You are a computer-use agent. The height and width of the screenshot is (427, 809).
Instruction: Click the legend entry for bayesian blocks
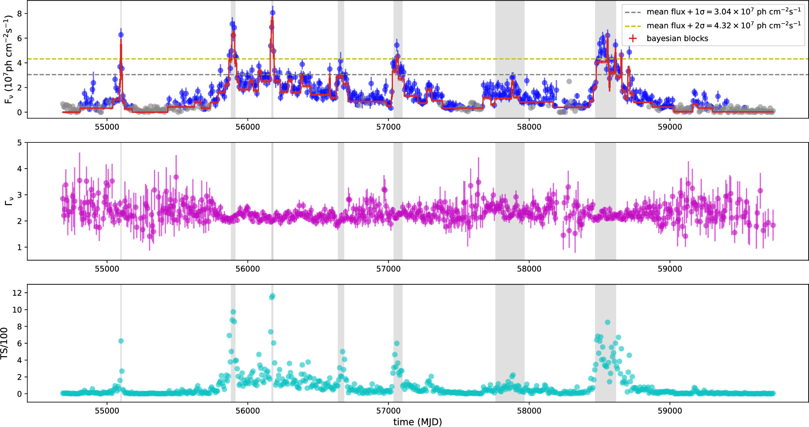coord(677,38)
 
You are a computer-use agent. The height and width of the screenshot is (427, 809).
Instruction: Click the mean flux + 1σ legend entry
coord(723,12)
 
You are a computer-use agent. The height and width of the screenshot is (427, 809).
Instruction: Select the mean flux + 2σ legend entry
coord(723,25)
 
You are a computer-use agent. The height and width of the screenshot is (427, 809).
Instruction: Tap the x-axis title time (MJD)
coord(417,422)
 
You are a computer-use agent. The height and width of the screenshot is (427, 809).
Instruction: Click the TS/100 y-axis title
coord(4,343)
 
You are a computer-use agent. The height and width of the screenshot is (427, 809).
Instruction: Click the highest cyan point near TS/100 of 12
coord(272,296)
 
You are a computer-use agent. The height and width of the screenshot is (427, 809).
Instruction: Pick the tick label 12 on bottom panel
coord(17,293)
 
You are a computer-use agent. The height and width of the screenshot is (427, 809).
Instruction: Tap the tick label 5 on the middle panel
coord(20,142)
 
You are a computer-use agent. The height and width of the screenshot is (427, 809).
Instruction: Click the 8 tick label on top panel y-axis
coord(20,13)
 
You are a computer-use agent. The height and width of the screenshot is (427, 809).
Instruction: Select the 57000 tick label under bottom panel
coord(388,411)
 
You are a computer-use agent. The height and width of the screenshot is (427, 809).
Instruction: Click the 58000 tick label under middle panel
coord(529,269)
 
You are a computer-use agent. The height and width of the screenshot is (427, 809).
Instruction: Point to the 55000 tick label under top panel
coord(107,127)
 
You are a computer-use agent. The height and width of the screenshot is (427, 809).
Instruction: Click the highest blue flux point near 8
coord(272,13)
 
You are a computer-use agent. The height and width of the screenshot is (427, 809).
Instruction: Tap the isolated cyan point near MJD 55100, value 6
coord(121,341)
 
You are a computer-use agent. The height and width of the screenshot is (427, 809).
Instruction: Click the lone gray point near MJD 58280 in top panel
coord(569,81)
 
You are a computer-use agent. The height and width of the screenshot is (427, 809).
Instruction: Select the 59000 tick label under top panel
coord(670,127)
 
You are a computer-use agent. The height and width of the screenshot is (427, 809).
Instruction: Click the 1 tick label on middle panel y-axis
coord(20,247)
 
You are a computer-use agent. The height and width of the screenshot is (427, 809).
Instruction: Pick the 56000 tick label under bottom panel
coord(247,411)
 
